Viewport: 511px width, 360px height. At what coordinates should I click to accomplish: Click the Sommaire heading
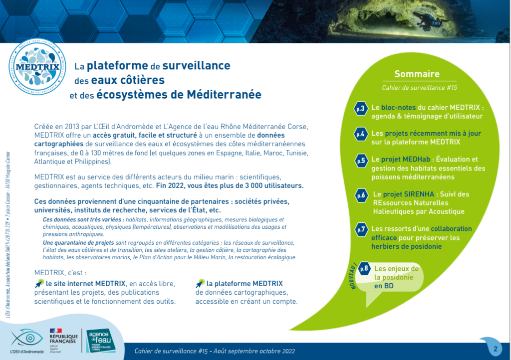pyautogui.click(x=417, y=74)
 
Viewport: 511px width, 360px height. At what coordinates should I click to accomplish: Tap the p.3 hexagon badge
pyautogui.click(x=361, y=108)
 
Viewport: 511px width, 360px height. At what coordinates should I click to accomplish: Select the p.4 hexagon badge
pyautogui.click(x=361, y=134)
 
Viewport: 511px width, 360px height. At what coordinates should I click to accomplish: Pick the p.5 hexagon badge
pyautogui.click(x=361, y=160)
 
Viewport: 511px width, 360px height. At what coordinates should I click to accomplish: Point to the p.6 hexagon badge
pyautogui.click(x=361, y=195)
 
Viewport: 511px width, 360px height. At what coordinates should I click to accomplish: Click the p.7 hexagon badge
pyautogui.click(x=361, y=229)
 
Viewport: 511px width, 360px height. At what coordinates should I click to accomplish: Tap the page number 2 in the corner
pyautogui.click(x=495, y=348)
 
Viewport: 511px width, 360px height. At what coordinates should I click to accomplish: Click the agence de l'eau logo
pyautogui.click(x=104, y=340)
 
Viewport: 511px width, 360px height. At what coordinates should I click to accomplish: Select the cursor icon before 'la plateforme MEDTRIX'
pyautogui.click(x=200, y=283)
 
